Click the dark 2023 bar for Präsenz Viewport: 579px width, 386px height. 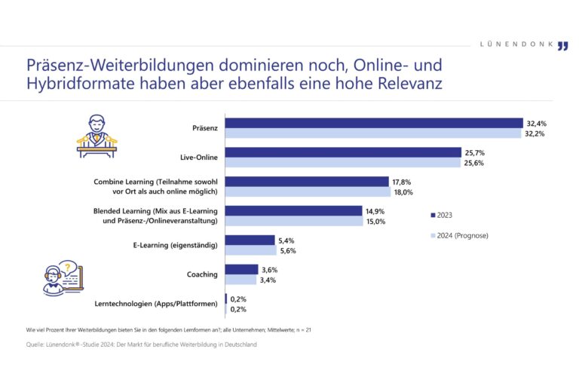374,123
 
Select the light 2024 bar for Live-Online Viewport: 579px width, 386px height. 343,162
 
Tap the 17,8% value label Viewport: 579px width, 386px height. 402,182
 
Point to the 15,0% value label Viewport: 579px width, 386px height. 375,221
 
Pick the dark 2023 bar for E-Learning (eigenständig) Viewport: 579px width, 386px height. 250,240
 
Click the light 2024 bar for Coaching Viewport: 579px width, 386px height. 241,280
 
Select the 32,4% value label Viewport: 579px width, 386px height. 536,123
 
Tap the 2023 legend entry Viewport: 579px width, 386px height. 441,215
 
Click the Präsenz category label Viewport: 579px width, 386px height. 205,128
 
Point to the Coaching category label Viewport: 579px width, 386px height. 203,274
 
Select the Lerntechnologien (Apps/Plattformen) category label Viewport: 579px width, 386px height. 157,304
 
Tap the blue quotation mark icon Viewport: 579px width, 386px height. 562,46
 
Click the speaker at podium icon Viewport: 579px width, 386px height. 96,136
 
